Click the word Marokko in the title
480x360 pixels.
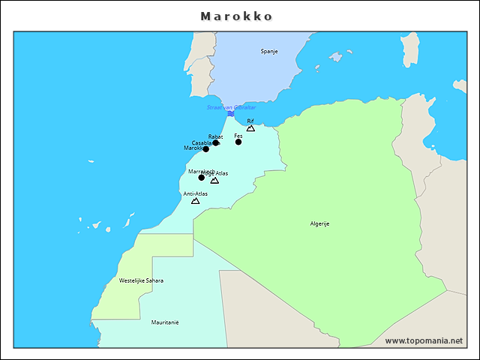coord(236,16)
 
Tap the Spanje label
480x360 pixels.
coord(269,51)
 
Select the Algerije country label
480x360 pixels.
coord(320,223)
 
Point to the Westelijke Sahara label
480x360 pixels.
coord(141,280)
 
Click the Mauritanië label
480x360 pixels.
coord(165,322)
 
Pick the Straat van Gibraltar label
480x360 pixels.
coord(231,107)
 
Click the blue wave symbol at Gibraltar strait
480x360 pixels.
coord(231,113)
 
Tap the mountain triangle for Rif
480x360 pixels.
coord(250,128)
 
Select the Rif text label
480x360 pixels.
coord(250,121)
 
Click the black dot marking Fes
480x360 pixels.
coord(238,142)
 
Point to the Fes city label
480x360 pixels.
coord(238,136)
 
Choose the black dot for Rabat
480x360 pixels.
coord(216,142)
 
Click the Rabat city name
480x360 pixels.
coord(215,136)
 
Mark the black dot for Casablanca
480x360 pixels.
coord(206,149)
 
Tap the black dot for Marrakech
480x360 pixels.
coord(201,178)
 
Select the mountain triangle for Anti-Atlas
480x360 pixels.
coord(195,201)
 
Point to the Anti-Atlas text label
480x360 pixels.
coord(195,193)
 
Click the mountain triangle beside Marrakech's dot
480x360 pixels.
coord(214,180)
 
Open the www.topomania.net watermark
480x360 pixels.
coord(424,340)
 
